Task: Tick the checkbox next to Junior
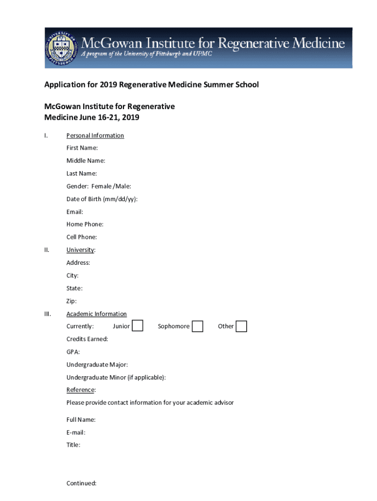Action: click(138, 326)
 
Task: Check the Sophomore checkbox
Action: click(197, 326)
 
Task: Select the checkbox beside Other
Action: click(241, 326)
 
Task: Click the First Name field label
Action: click(82, 148)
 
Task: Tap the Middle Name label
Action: click(86, 160)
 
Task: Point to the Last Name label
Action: click(82, 173)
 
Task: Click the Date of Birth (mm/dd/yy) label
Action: click(102, 199)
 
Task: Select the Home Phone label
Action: click(85, 224)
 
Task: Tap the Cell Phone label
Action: click(82, 237)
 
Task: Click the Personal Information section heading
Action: click(95, 135)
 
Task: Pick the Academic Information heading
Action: click(96, 314)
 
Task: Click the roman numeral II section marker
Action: click(47, 250)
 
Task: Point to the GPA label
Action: click(73, 352)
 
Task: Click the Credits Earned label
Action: click(87, 339)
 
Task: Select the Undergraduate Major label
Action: click(97, 364)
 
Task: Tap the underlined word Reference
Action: click(81, 390)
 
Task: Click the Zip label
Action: click(71, 301)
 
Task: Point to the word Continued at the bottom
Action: click(81, 483)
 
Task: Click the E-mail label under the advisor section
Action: click(76, 433)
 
